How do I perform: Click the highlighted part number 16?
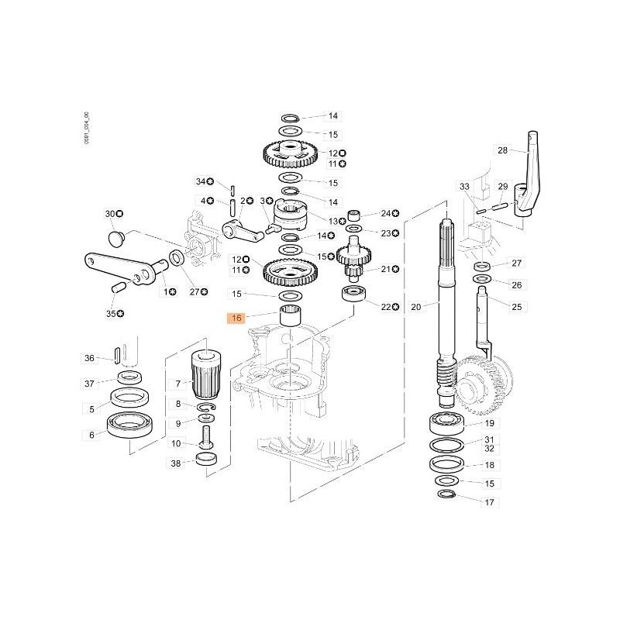237,318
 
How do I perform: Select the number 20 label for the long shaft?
415,308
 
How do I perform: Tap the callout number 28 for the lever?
502,150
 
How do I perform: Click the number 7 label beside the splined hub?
177,384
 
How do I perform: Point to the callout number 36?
90,358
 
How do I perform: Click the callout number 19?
489,424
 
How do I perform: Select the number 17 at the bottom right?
489,503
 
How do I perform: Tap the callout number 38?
176,464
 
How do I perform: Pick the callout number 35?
110,313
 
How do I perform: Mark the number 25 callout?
495,308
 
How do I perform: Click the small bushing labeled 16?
290,317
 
